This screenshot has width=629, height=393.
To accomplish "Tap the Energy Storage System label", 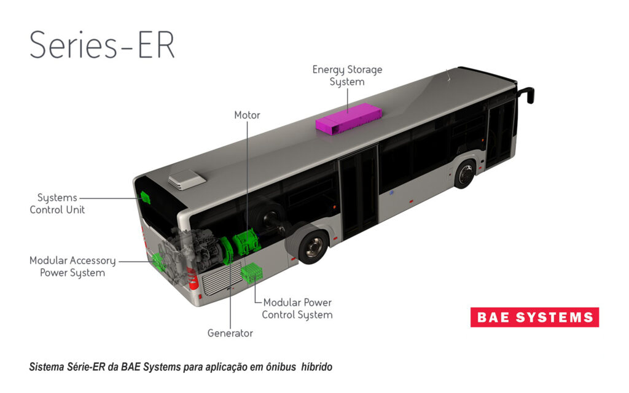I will pyautogui.click(x=347, y=76).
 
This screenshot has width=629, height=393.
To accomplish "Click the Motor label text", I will pyautogui.click(x=247, y=115).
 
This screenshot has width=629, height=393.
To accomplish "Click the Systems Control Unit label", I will pyautogui.click(x=57, y=204).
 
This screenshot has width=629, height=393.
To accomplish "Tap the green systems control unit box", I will pyautogui.click(x=146, y=198).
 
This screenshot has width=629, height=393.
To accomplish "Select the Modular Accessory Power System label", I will pyautogui.click(x=72, y=267).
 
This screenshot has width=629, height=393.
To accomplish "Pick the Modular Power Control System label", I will pyautogui.click(x=297, y=309).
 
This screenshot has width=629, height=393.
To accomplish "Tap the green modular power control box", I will pyautogui.click(x=252, y=273).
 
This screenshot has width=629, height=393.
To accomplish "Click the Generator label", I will pyautogui.click(x=230, y=333).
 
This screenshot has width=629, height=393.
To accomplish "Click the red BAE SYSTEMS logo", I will pyautogui.click(x=534, y=317).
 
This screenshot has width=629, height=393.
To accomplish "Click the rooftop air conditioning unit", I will pyautogui.click(x=187, y=178).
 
